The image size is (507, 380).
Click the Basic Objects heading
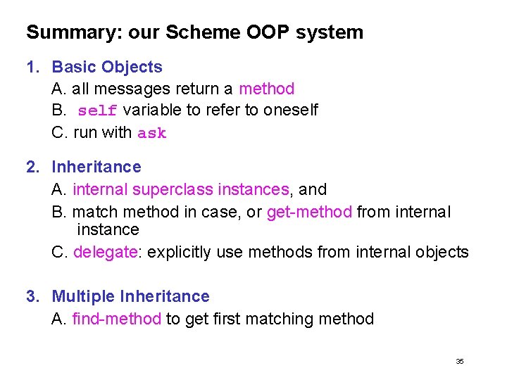(107, 68)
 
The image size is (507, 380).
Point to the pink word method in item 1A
(266, 89)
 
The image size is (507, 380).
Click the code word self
(97, 111)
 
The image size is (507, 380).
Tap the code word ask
(152, 133)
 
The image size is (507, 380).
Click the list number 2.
(31, 167)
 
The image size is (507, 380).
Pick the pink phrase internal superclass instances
(181, 189)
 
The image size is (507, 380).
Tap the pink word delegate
(105, 252)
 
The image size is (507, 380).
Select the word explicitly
(178, 252)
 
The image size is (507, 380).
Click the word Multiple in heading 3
(84, 297)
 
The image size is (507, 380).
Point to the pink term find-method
(117, 319)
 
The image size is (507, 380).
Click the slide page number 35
(460, 361)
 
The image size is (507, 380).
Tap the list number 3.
(31, 297)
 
